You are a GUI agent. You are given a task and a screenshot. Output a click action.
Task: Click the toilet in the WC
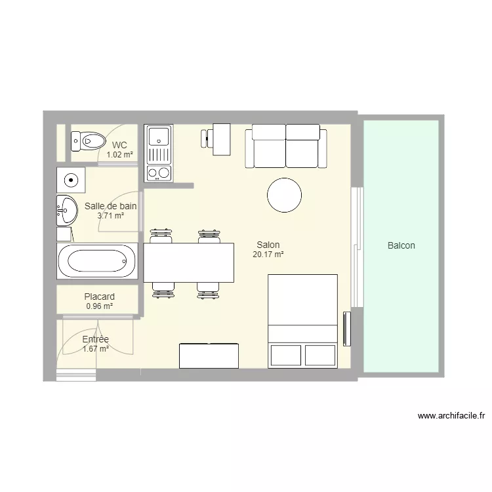89,140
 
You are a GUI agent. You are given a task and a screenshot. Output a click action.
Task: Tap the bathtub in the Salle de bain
97,260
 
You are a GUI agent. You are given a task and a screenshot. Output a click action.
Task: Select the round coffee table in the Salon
284,195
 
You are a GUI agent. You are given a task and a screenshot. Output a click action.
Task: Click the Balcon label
401,246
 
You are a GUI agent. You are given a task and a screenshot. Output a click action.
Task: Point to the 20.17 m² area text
268,255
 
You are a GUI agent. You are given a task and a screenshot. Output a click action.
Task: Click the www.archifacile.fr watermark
451,415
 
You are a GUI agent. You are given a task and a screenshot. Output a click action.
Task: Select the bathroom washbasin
66,210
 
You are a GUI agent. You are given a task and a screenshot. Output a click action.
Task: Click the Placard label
99,297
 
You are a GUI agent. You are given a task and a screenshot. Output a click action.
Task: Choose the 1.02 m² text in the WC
119,155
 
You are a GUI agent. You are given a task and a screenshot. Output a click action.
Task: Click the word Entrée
95,339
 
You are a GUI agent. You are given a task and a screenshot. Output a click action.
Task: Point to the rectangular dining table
189,262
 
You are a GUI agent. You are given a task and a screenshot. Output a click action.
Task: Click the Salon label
268,245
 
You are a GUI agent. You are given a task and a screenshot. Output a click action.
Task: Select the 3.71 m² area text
110,215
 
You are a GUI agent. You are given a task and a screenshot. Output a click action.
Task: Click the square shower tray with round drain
70,178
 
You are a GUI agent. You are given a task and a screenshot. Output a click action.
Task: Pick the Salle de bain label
110,206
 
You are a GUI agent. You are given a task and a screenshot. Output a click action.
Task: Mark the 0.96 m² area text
99,306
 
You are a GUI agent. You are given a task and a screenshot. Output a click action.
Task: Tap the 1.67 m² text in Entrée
95,349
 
